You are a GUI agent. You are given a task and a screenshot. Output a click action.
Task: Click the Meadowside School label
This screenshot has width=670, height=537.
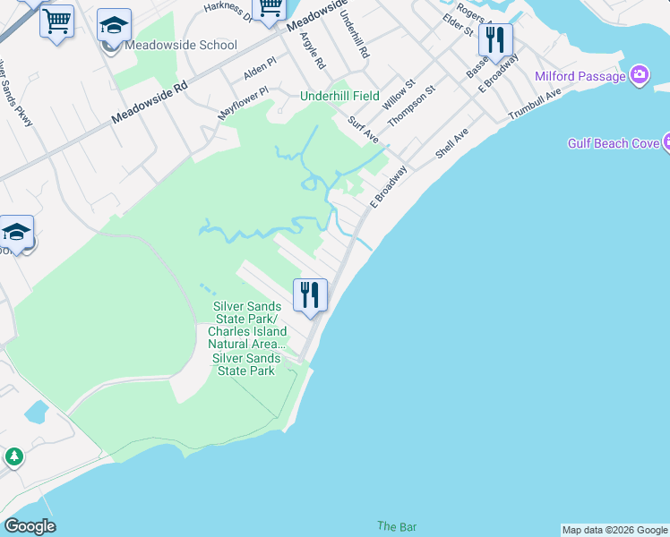point(181,45)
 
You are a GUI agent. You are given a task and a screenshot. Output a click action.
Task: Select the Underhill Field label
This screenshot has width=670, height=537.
point(339,96)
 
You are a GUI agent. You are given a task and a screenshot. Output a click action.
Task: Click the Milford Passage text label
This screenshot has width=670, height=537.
point(580,76)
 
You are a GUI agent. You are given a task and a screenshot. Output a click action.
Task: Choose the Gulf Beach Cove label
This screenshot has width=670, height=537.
point(613,143)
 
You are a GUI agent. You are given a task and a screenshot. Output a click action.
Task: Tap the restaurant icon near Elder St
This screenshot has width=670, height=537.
point(495,40)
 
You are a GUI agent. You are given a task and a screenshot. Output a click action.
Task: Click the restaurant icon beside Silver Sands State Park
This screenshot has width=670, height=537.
point(310,294)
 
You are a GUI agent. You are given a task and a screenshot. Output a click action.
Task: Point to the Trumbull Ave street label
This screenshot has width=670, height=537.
point(534,104)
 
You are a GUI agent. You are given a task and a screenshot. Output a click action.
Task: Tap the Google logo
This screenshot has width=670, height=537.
point(30,526)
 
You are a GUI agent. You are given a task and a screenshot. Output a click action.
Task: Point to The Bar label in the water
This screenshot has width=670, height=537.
point(396,526)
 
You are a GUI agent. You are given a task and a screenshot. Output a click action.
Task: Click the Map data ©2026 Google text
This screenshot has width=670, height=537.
point(614,530)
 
